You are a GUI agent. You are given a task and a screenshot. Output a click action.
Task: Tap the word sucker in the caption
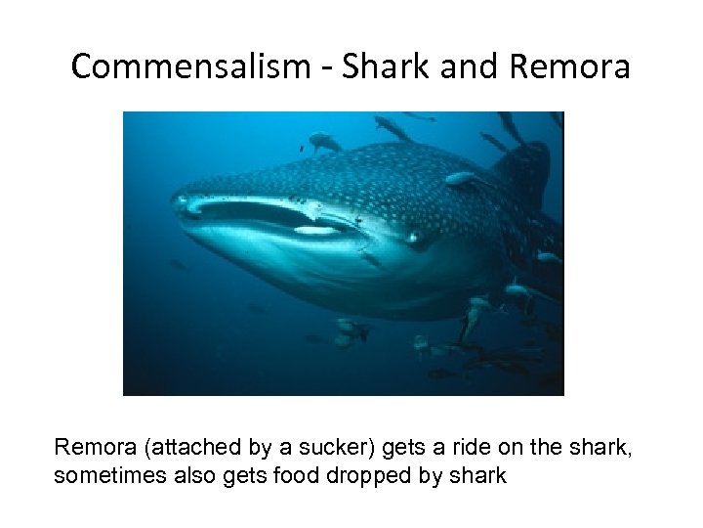[337, 449]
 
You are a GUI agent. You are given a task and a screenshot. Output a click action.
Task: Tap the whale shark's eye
[414, 238]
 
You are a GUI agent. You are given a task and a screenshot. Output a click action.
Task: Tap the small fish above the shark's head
[325, 142]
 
